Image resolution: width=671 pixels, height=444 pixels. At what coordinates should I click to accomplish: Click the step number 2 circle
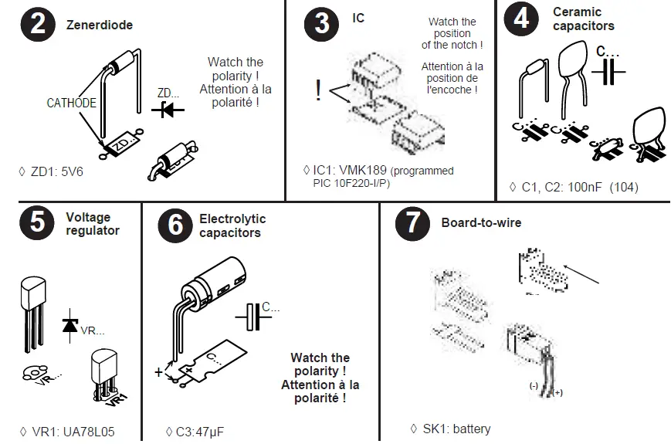click(36, 25)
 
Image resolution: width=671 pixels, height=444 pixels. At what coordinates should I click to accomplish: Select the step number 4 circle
click(521, 18)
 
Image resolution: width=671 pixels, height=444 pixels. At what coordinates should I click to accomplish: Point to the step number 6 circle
click(176, 225)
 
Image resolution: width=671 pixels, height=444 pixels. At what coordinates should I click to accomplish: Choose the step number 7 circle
click(412, 223)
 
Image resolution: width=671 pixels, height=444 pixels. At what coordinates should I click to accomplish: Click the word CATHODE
click(71, 103)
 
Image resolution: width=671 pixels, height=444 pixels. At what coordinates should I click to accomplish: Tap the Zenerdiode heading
click(100, 25)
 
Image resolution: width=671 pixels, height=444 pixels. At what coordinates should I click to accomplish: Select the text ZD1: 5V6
click(56, 171)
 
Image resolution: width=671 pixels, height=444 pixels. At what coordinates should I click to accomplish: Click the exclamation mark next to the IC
click(317, 91)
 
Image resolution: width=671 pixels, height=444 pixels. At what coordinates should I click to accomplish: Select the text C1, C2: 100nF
click(561, 187)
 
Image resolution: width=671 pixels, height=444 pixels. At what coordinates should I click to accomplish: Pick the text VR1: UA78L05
click(73, 432)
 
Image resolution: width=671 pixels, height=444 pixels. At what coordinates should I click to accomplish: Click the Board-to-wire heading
click(481, 223)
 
